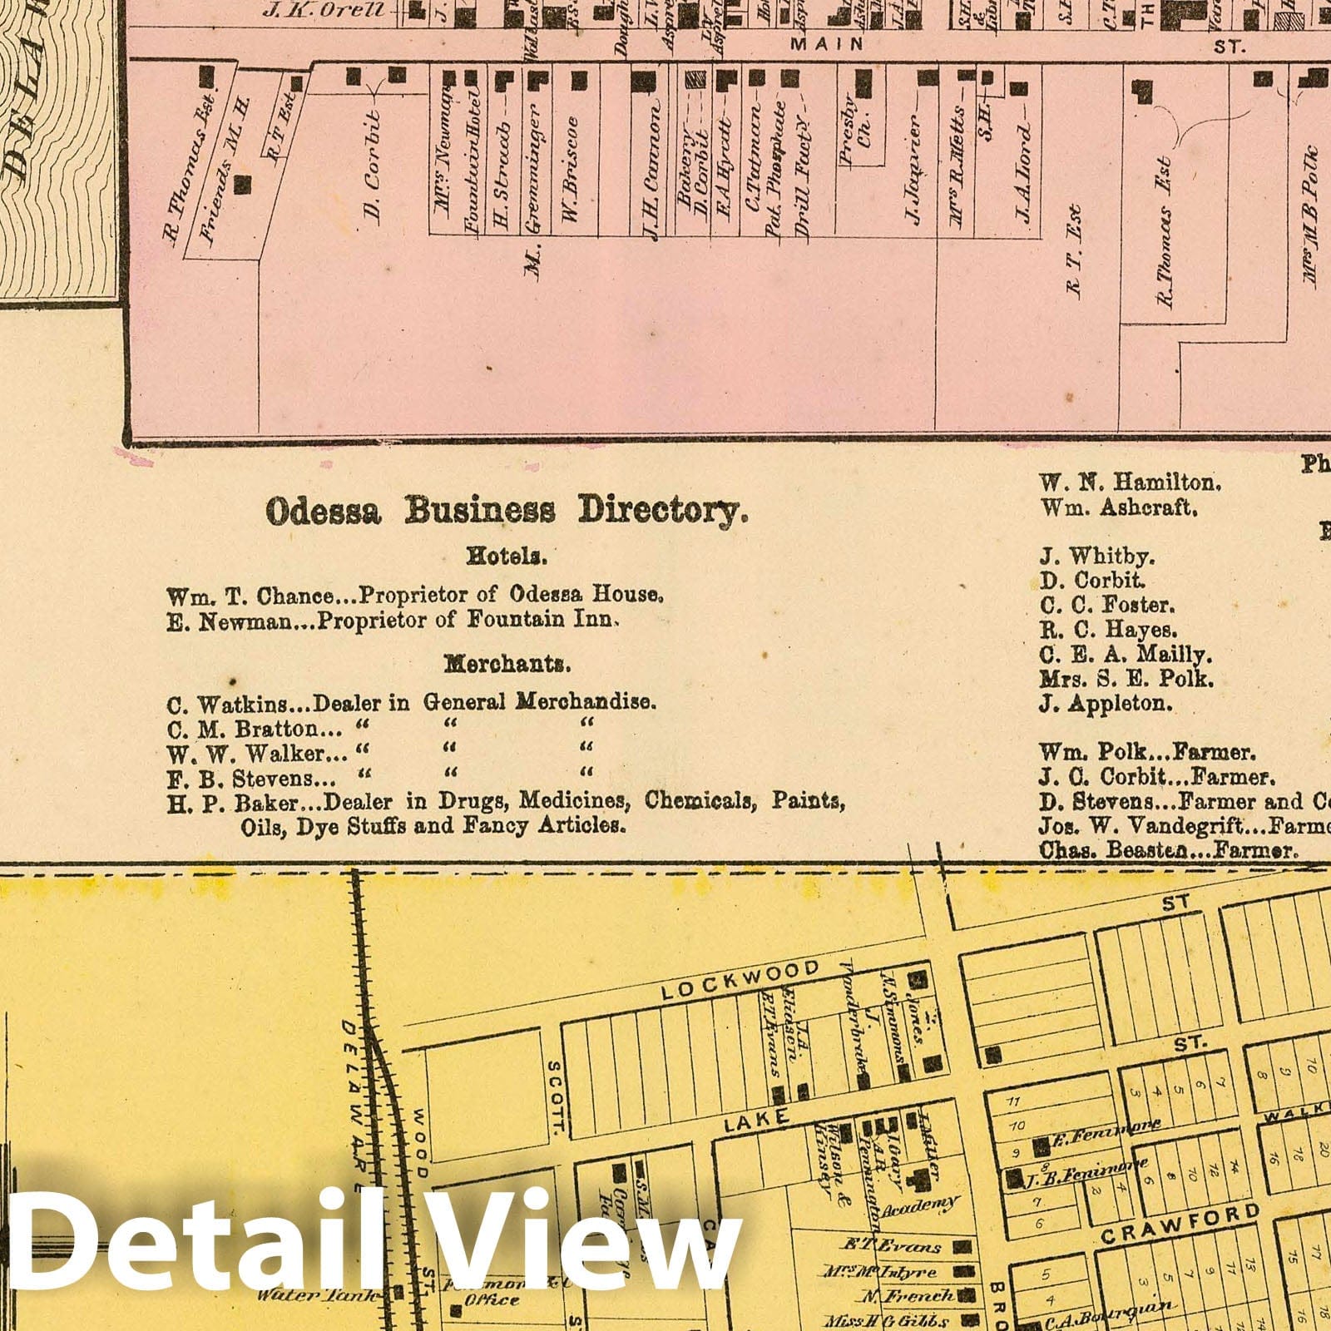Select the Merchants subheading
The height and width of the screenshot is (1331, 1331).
coord(507,664)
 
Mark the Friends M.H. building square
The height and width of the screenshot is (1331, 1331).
coord(241,184)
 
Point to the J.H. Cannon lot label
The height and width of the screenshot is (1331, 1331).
coord(652,171)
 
